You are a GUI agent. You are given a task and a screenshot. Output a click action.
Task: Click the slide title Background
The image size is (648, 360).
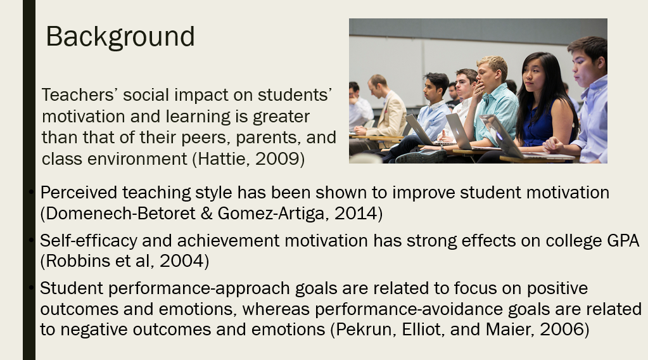(120, 37)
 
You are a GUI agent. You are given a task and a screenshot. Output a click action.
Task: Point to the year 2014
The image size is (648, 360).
(356, 214)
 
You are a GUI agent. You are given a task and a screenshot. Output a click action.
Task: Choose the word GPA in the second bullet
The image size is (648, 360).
(623, 241)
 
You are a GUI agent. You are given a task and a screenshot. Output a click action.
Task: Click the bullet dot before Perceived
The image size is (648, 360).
(31, 192)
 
